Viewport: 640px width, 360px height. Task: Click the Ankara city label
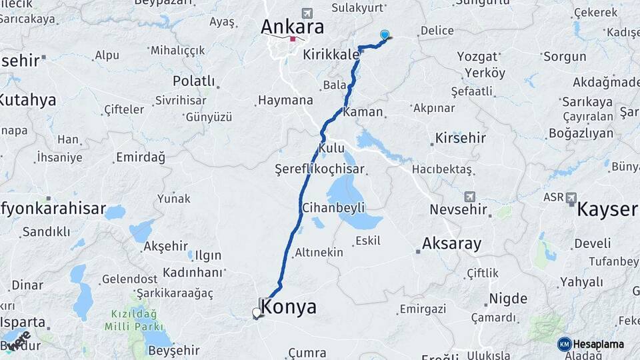click(292, 27)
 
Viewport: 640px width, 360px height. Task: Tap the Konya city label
click(289, 307)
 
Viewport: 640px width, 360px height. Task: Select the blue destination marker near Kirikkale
click(385, 35)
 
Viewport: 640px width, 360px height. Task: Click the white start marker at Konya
click(257, 312)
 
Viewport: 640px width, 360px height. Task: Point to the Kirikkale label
click(331, 55)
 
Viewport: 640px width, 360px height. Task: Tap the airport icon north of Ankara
click(307, 13)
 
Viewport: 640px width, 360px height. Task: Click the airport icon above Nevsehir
click(471, 197)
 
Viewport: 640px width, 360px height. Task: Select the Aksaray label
click(451, 243)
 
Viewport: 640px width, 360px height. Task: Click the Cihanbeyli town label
click(333, 207)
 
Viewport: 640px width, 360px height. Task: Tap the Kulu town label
click(331, 147)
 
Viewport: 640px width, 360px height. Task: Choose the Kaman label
click(363, 112)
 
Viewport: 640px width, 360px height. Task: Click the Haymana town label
click(285, 101)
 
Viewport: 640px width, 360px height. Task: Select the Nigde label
click(508, 298)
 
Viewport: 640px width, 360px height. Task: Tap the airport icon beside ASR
click(571, 197)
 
